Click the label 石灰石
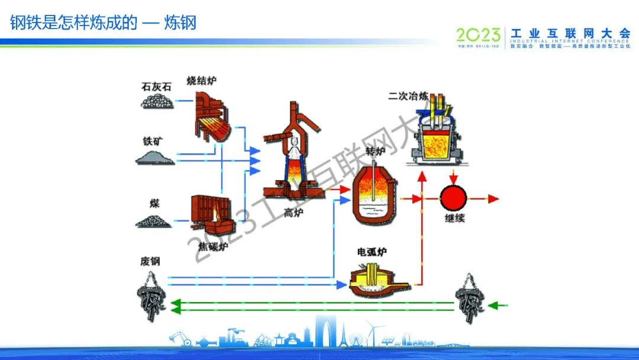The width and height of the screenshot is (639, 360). click(x=157, y=86)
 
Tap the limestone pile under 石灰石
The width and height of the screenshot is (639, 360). click(x=157, y=101)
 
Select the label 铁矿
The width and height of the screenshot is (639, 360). click(x=153, y=142)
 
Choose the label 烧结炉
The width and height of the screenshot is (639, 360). click(x=201, y=81)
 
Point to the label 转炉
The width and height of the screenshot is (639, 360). click(x=375, y=152)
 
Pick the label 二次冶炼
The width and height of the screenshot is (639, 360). click(x=408, y=95)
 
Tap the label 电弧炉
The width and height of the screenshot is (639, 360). click(x=372, y=252)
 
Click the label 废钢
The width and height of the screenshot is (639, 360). click(x=150, y=261)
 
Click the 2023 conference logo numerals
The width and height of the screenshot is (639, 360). click(x=479, y=35)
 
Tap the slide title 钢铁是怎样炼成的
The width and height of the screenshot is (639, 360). click(x=74, y=23)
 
